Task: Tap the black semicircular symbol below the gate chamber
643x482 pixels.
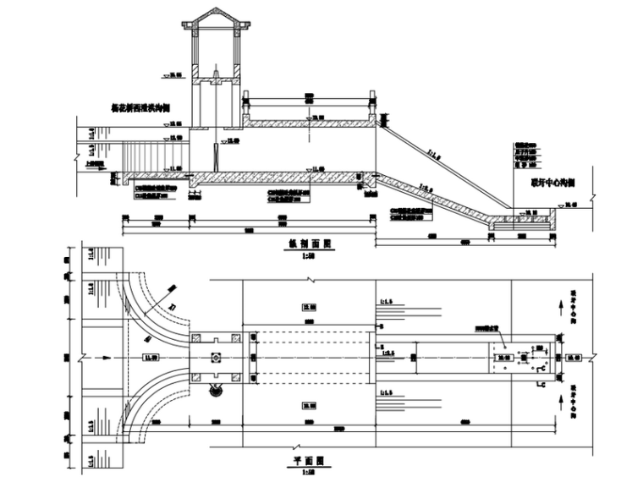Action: coord(216,388)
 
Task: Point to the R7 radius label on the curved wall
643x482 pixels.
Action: coord(172,305)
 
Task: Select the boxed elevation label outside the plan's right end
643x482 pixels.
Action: coord(573,358)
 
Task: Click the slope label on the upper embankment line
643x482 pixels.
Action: coord(434,154)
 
